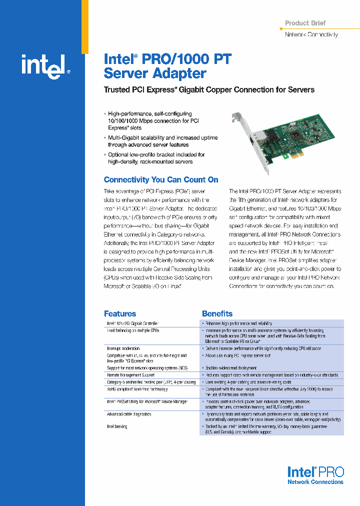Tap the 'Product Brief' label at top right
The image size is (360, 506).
point(305,23)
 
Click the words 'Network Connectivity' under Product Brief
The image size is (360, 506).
point(311,34)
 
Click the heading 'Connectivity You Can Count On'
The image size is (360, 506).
point(160,179)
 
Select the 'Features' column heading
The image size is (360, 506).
point(119,313)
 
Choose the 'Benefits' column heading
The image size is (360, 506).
point(217,313)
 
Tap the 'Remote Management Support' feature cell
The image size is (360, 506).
point(130,374)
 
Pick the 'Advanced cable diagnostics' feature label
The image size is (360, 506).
point(128,414)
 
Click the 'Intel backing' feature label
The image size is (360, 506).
point(117,426)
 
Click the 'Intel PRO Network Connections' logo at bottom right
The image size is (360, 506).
point(315,475)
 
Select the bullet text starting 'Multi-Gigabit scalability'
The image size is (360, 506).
point(162,141)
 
